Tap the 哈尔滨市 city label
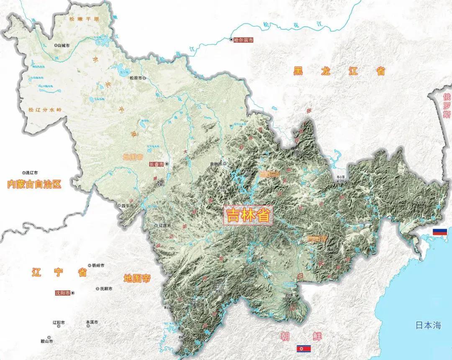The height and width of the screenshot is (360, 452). pos(244,40)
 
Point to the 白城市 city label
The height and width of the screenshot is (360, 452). pos(64,46)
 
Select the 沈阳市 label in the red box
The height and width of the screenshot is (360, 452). pos(63,293)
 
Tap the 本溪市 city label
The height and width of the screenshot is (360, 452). pos(92,322)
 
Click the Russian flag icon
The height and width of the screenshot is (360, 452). pos(440,232)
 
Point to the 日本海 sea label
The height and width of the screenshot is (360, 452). pos(428,325)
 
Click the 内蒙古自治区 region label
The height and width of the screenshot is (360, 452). pos(34,184)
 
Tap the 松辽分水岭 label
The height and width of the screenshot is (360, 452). pos(45,110)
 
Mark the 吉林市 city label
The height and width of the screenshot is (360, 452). pos(216,163)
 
